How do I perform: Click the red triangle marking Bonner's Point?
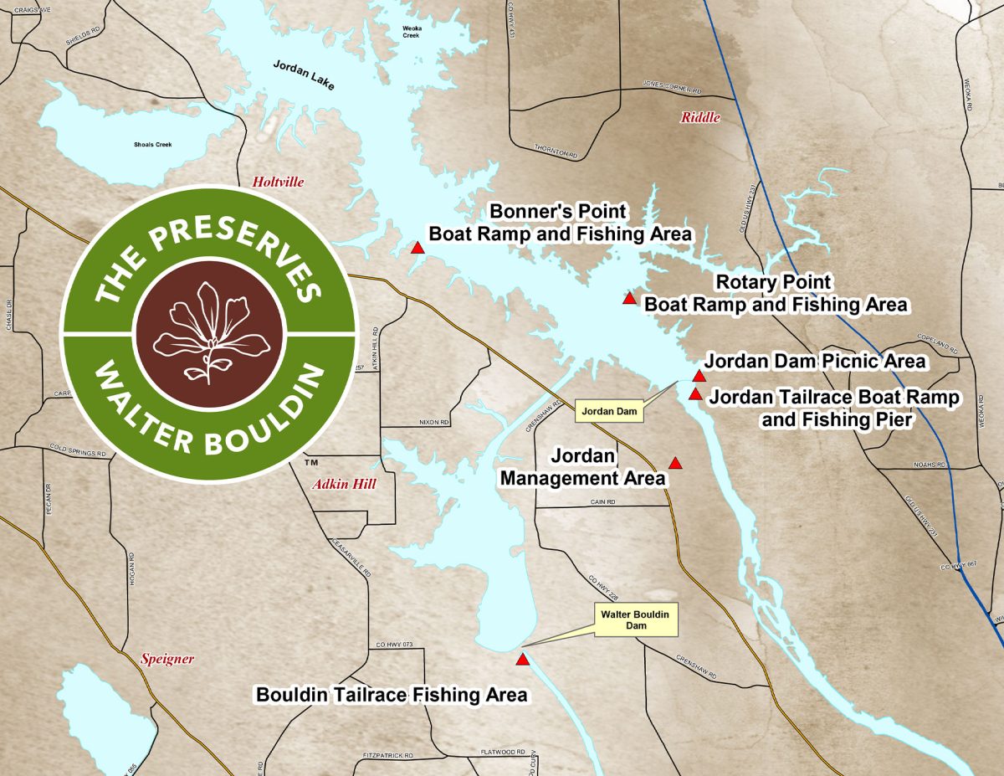click(417, 247)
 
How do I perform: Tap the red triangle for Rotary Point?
click(629, 299)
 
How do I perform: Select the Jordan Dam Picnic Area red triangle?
click(699, 376)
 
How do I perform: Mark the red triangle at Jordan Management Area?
click(675, 464)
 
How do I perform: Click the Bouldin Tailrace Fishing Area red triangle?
click(523, 660)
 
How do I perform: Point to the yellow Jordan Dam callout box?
click(609, 411)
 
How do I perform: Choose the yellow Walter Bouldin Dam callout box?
click(635, 619)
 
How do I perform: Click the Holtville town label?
click(279, 182)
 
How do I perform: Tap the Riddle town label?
click(699, 118)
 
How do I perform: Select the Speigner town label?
click(167, 659)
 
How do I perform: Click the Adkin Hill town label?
click(344, 485)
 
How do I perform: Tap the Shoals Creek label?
click(152, 145)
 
